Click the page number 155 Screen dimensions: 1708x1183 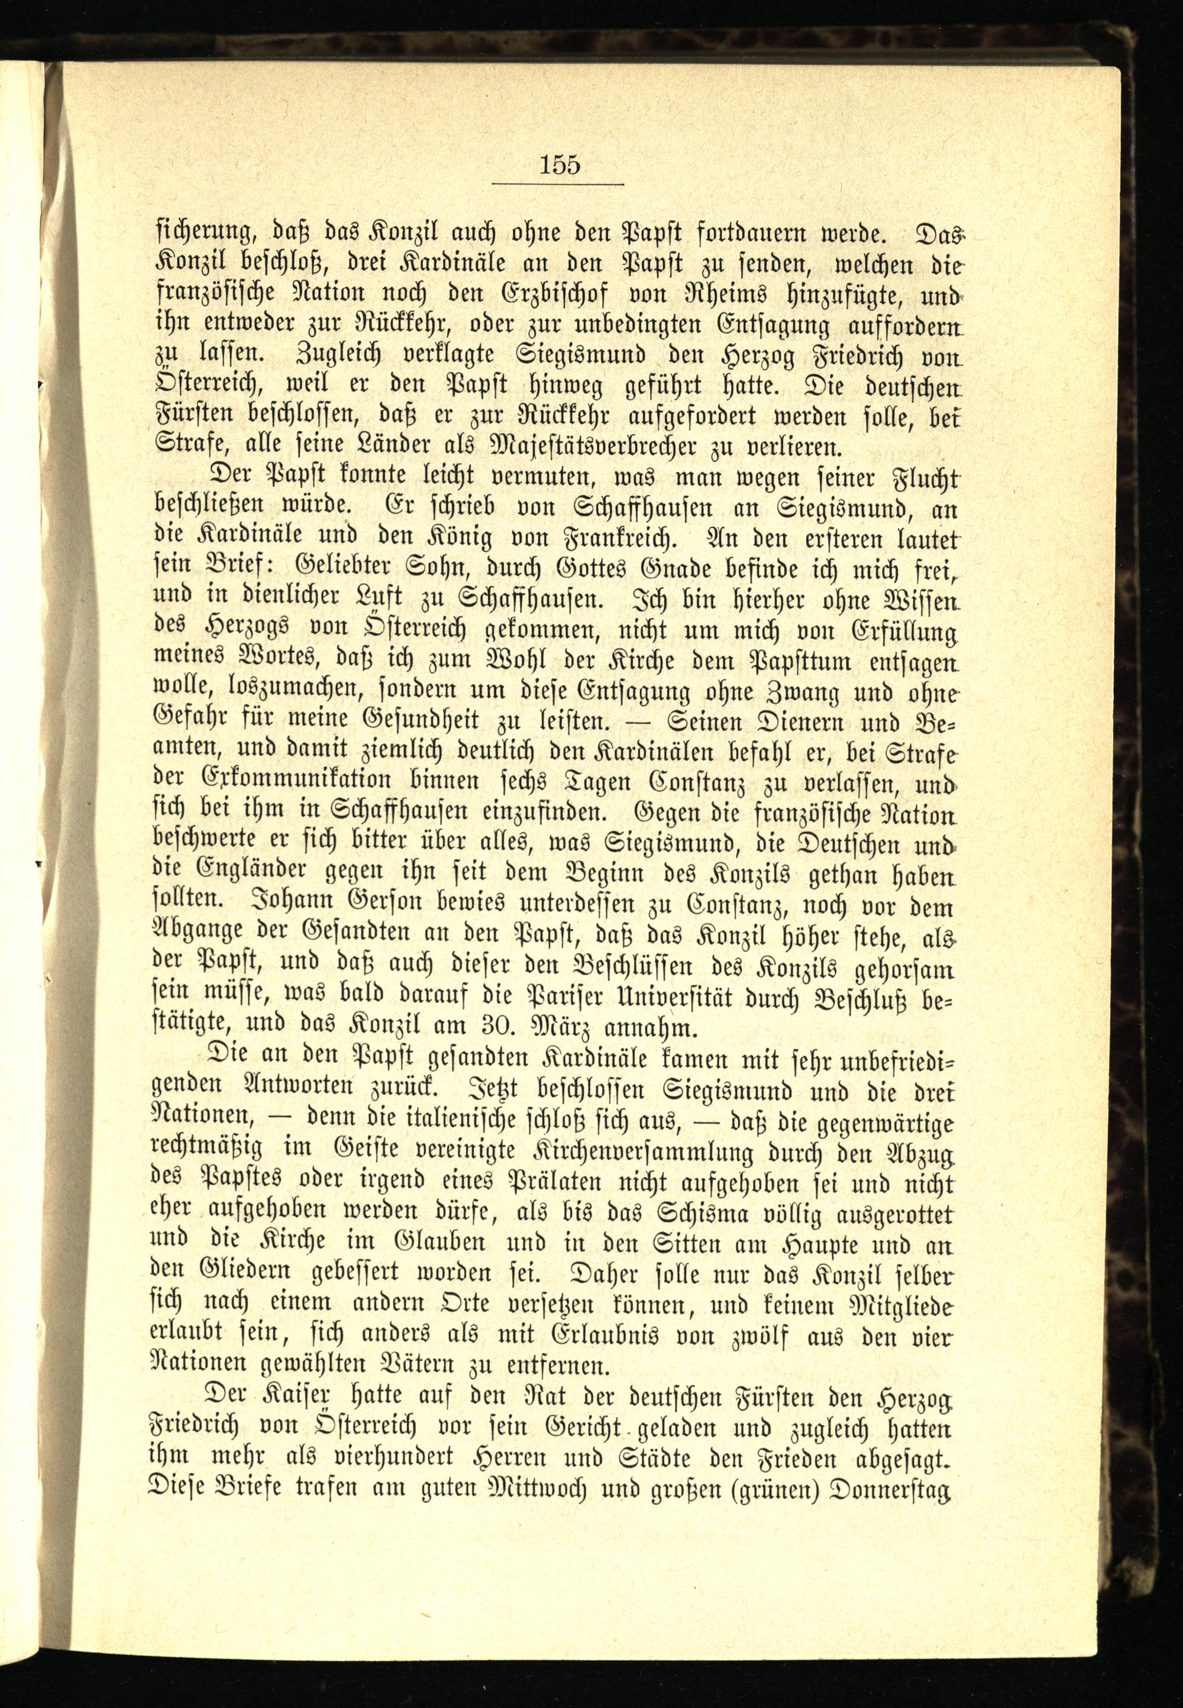coord(560,164)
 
